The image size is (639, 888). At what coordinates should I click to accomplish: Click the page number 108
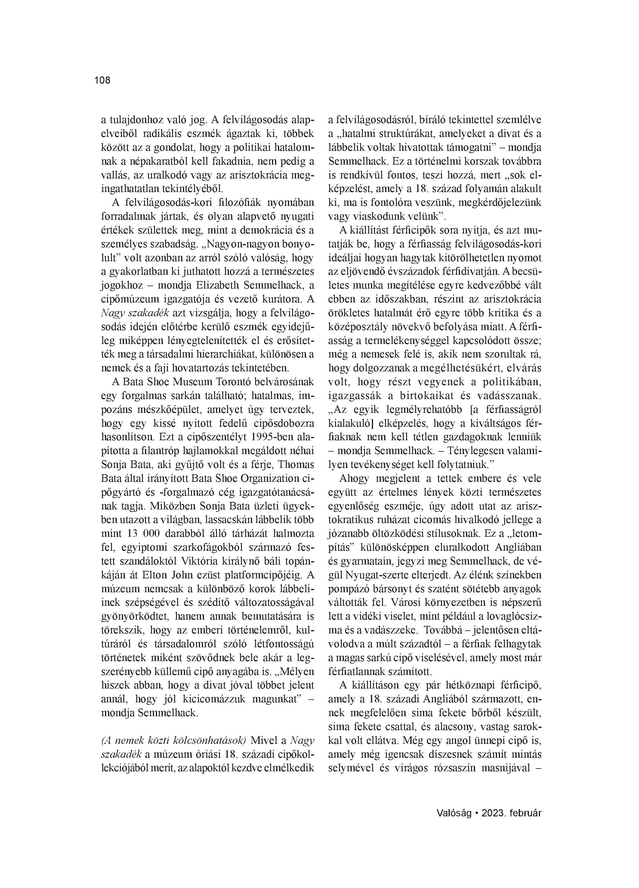click(103, 81)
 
